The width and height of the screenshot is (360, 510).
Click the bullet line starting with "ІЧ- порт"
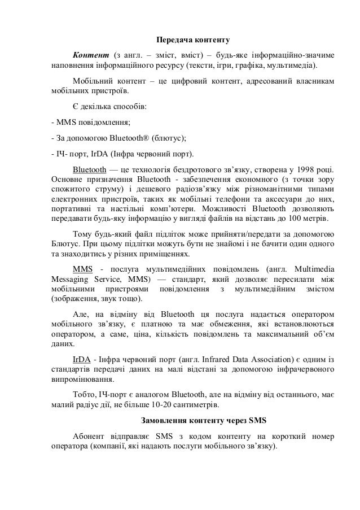122,154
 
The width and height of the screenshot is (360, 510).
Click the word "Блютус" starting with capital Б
65,245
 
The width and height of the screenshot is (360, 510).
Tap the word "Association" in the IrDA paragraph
266,359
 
